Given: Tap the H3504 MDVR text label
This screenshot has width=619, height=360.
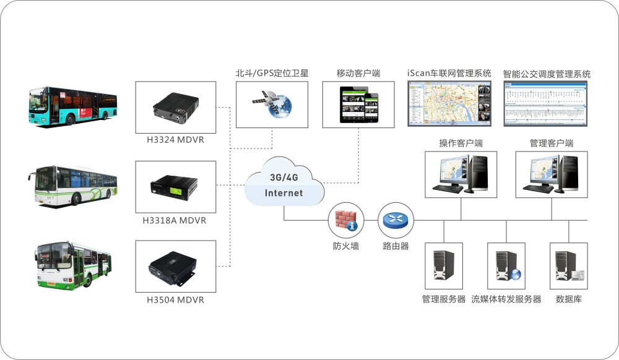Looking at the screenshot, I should tap(175, 300).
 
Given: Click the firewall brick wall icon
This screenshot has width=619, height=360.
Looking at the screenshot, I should tap(345, 220).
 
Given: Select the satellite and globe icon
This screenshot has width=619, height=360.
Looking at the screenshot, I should tap(273, 105).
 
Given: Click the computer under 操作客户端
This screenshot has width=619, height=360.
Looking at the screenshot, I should tap(461, 173).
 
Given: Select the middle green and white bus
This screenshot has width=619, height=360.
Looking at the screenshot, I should tap(73, 185).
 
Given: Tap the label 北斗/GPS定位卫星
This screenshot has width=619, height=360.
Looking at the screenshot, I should tap(272, 74).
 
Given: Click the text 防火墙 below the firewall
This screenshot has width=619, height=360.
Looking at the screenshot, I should tap(345, 246).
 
